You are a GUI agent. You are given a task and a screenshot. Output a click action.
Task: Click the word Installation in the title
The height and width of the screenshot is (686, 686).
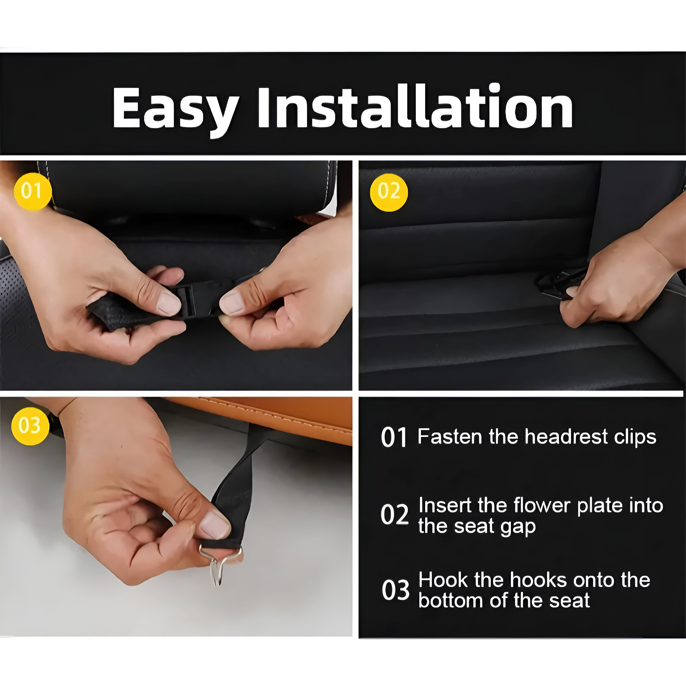415,106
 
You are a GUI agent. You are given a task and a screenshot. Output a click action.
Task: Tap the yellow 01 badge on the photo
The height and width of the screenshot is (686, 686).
33,191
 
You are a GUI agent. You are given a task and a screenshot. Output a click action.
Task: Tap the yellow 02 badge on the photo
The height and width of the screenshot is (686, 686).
389,192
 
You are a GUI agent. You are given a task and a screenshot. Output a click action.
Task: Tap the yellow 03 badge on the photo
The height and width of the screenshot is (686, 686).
30,426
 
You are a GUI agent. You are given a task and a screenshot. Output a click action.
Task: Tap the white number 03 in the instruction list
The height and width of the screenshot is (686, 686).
395,590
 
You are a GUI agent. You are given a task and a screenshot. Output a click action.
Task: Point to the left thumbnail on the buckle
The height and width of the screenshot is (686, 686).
168,303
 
